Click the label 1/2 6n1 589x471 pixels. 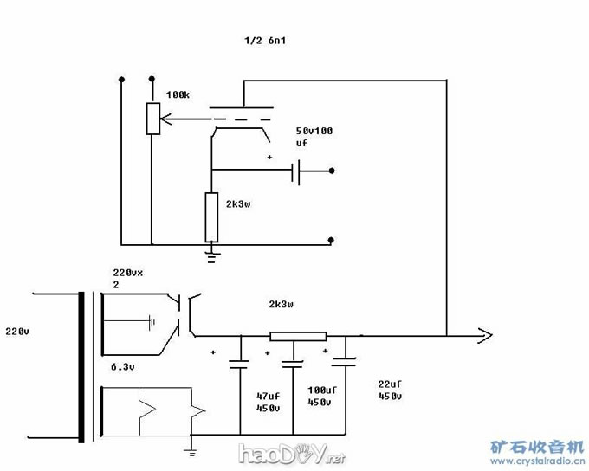pos(265,40)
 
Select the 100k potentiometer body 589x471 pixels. pos(153,119)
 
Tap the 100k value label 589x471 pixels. pos(178,94)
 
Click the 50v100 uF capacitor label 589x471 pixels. pos(314,137)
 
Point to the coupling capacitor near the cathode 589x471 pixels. pos(295,172)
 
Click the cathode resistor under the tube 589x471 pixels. pos(211,217)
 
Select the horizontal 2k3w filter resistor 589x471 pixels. pos(298,336)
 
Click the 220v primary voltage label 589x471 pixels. pos(17,332)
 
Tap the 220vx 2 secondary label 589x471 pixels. pos(127,278)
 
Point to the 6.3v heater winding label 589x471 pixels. pos(122,367)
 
